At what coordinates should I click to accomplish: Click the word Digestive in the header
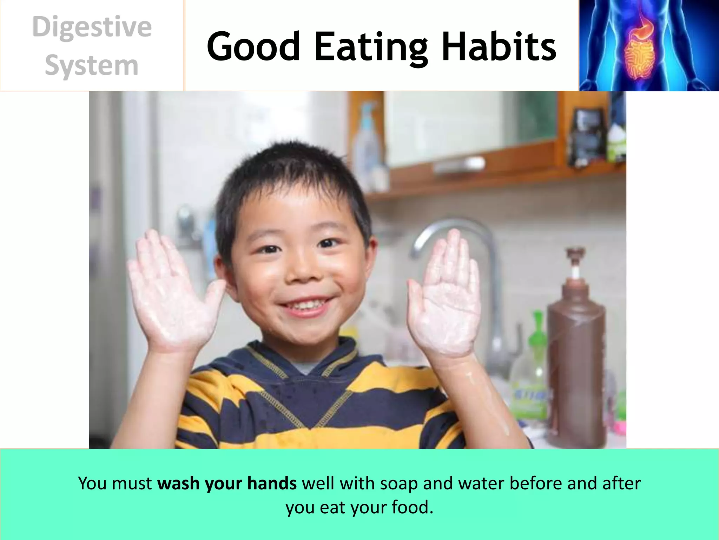click(92, 27)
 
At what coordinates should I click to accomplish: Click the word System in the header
click(92, 66)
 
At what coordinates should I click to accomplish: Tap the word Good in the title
click(253, 46)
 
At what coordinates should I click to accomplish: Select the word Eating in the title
click(371, 47)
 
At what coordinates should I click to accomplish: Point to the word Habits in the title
click(499, 46)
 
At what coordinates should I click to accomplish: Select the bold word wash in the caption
click(178, 483)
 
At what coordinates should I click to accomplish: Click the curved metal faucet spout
click(453, 229)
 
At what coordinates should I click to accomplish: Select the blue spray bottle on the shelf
click(367, 141)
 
